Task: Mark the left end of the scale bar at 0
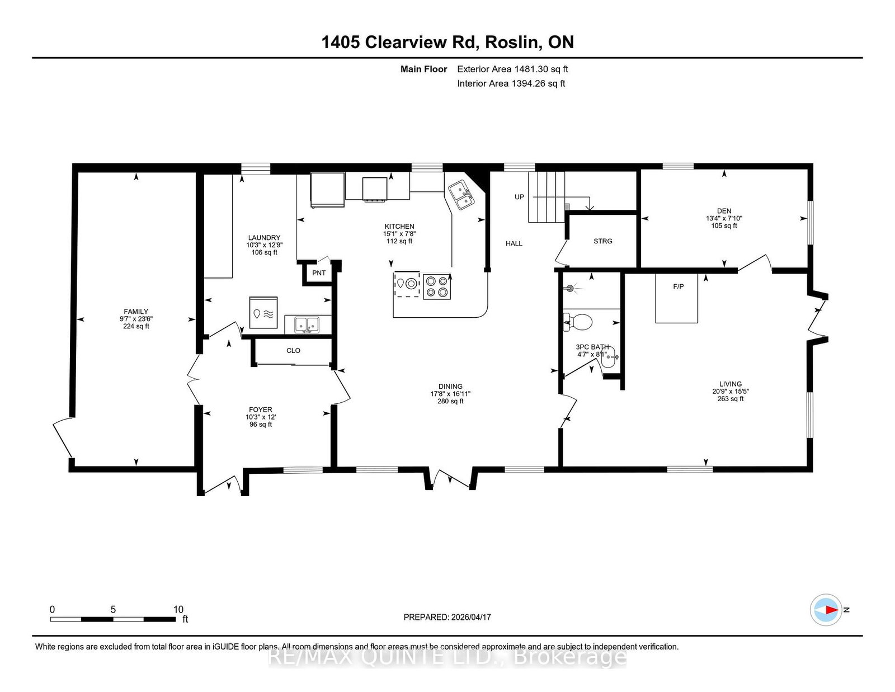[x=51, y=619]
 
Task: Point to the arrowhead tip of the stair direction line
[x=590, y=211]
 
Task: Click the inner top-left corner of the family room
[x=78, y=173]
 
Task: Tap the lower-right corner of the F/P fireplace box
[x=698, y=323]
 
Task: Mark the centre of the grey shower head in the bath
[x=571, y=288]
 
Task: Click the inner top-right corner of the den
[x=807, y=170]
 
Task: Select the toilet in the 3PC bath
[x=577, y=322]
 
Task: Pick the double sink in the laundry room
[x=307, y=325]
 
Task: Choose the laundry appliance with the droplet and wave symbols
[x=263, y=313]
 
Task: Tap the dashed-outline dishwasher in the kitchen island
[x=407, y=284]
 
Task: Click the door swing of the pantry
[x=324, y=259]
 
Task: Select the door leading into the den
[x=755, y=263]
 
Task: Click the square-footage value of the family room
[x=136, y=326]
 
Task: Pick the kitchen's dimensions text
[x=399, y=233]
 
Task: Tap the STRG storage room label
[x=603, y=241]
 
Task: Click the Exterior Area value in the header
[x=541, y=69]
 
